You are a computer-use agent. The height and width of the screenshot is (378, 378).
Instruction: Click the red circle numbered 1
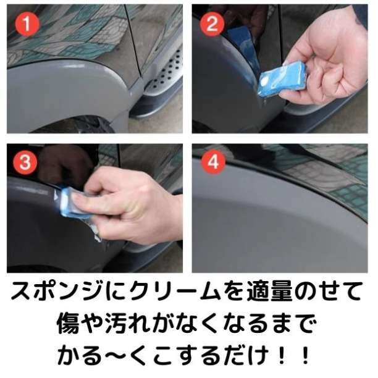[x=27, y=24]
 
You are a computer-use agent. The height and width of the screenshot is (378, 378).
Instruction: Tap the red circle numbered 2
[x=212, y=24]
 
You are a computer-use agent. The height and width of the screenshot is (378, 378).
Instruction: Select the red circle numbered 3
[x=25, y=162]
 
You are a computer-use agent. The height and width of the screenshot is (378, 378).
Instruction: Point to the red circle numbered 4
[x=213, y=162]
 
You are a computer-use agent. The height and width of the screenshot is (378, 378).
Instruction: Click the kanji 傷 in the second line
[x=68, y=323]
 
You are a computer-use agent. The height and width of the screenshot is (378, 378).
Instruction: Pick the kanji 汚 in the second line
[x=116, y=323]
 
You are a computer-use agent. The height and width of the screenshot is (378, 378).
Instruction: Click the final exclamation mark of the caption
[x=305, y=355]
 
